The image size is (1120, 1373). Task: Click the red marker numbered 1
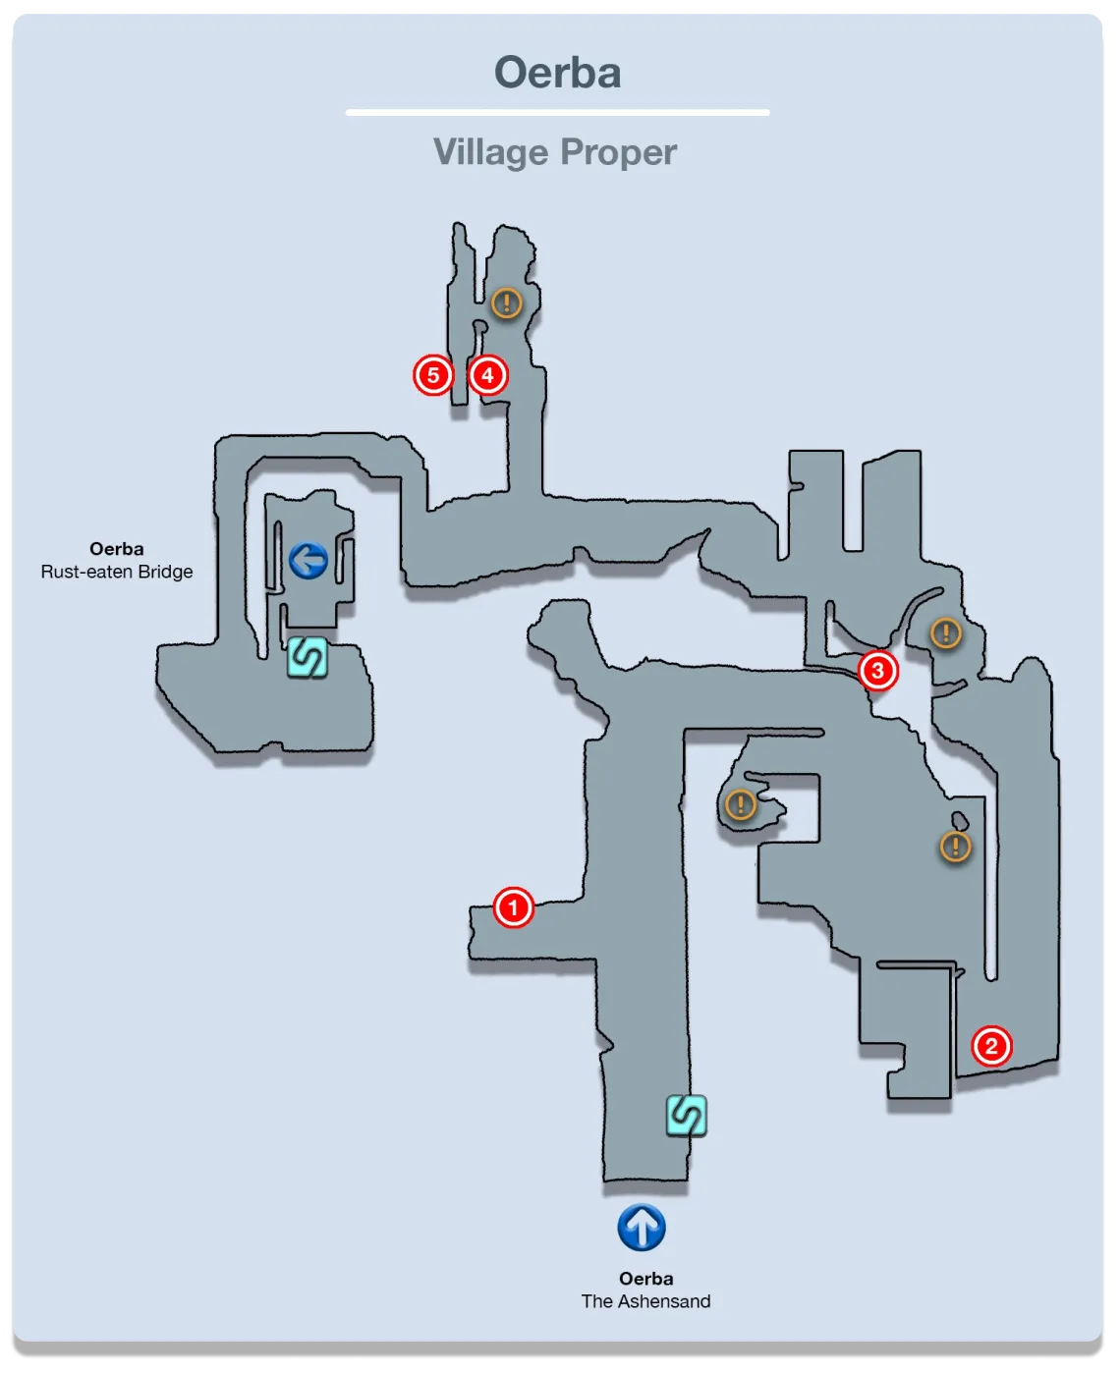tap(513, 906)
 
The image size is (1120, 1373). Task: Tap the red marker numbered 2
tap(990, 1046)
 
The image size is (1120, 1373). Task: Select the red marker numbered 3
tap(877, 671)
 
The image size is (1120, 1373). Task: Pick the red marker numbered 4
tap(487, 374)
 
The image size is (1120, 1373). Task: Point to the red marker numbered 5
tap(432, 374)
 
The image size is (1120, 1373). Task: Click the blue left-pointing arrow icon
tap(308, 562)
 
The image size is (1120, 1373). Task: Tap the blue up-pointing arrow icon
tap(642, 1228)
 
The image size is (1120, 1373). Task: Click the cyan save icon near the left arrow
tap(307, 657)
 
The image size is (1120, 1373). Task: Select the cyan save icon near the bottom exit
tap(686, 1116)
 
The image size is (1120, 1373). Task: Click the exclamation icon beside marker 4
tap(506, 302)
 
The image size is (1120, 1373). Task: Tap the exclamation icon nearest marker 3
tap(945, 633)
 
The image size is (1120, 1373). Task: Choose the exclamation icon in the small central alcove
tap(740, 805)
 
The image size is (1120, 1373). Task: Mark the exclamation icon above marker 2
tap(955, 846)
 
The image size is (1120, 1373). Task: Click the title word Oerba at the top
tap(557, 73)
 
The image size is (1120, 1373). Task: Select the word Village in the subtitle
tap(490, 152)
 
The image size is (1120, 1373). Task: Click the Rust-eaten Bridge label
tap(117, 572)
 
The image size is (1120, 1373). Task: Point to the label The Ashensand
tap(645, 1301)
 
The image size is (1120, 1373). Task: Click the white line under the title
tap(557, 113)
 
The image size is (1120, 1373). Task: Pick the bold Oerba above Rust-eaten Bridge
tap(116, 549)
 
